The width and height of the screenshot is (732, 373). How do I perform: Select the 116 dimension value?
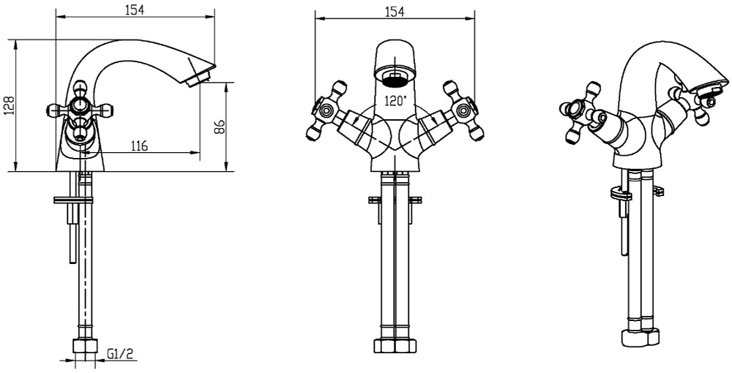click(x=139, y=146)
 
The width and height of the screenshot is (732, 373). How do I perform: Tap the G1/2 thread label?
click(x=119, y=354)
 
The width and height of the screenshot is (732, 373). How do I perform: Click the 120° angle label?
click(x=395, y=102)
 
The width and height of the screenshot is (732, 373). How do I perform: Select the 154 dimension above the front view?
click(x=395, y=10)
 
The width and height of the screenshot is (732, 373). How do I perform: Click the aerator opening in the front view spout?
click(x=396, y=75)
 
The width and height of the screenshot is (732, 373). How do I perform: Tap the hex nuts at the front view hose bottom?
click(x=395, y=346)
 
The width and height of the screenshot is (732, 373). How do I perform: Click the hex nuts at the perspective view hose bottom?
click(x=639, y=337)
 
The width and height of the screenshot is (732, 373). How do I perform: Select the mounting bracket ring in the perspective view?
click(x=619, y=194)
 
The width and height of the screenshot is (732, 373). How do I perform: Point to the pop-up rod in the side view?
click(x=72, y=234)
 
